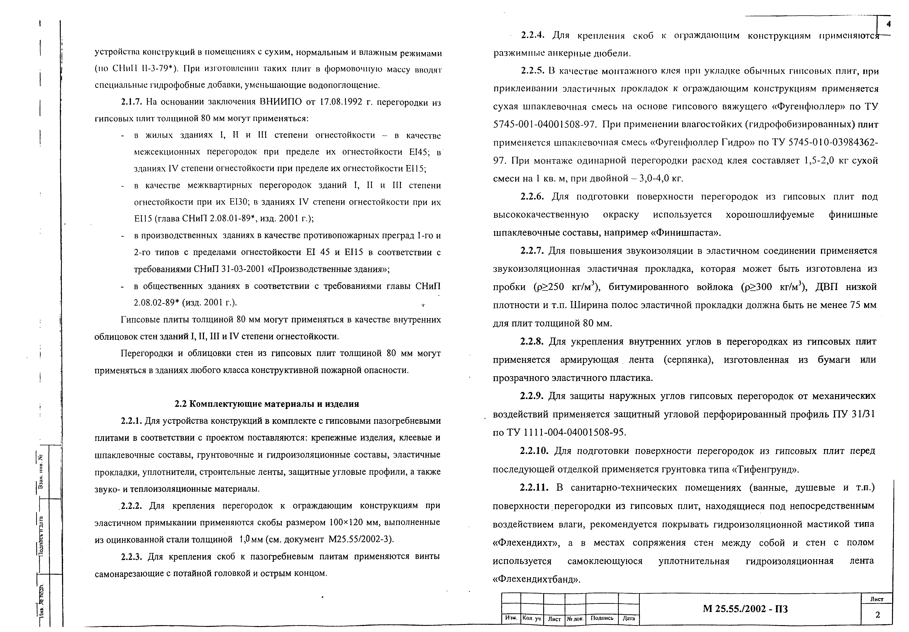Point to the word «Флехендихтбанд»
(536, 579)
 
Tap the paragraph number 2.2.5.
(532, 71)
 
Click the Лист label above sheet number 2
(877, 599)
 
